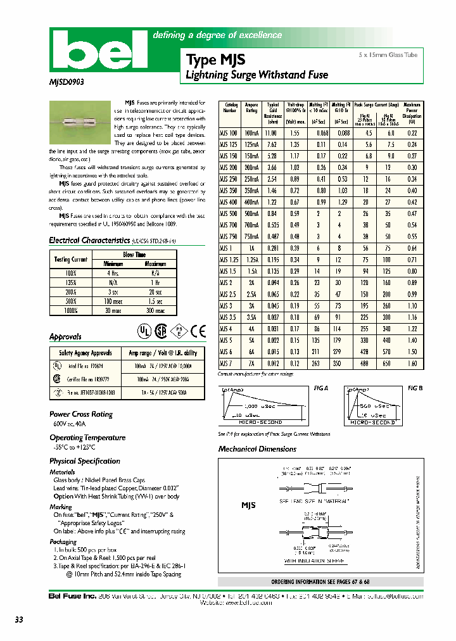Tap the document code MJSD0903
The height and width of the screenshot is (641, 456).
click(66, 82)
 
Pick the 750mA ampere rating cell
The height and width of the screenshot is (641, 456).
click(251, 236)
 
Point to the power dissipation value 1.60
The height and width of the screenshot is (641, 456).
click(412, 364)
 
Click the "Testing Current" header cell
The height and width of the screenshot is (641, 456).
click(71, 259)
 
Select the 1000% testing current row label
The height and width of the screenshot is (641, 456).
click(71, 311)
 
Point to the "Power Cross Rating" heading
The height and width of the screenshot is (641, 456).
click(81, 414)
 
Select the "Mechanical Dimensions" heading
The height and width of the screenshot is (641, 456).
click(257, 449)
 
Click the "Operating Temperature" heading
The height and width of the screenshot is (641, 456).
click(87, 438)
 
